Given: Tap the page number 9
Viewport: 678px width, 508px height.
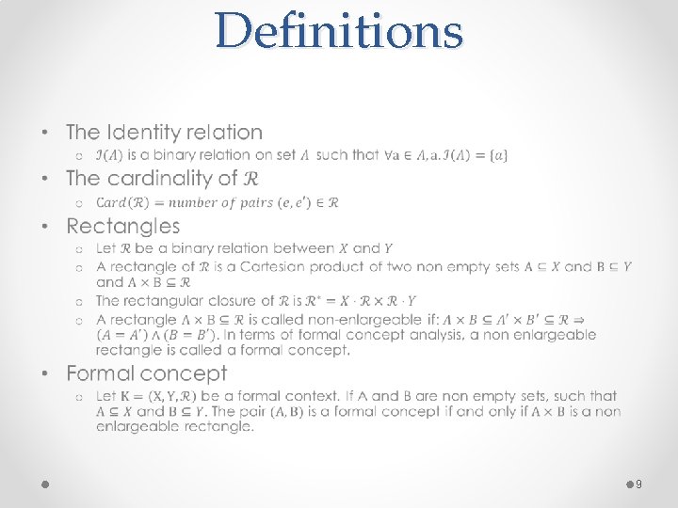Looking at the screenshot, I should click(x=639, y=484).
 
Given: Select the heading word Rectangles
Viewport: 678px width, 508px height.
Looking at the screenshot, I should click(x=122, y=226).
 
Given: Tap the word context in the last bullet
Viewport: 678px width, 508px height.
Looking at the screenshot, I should click(x=321, y=396).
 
